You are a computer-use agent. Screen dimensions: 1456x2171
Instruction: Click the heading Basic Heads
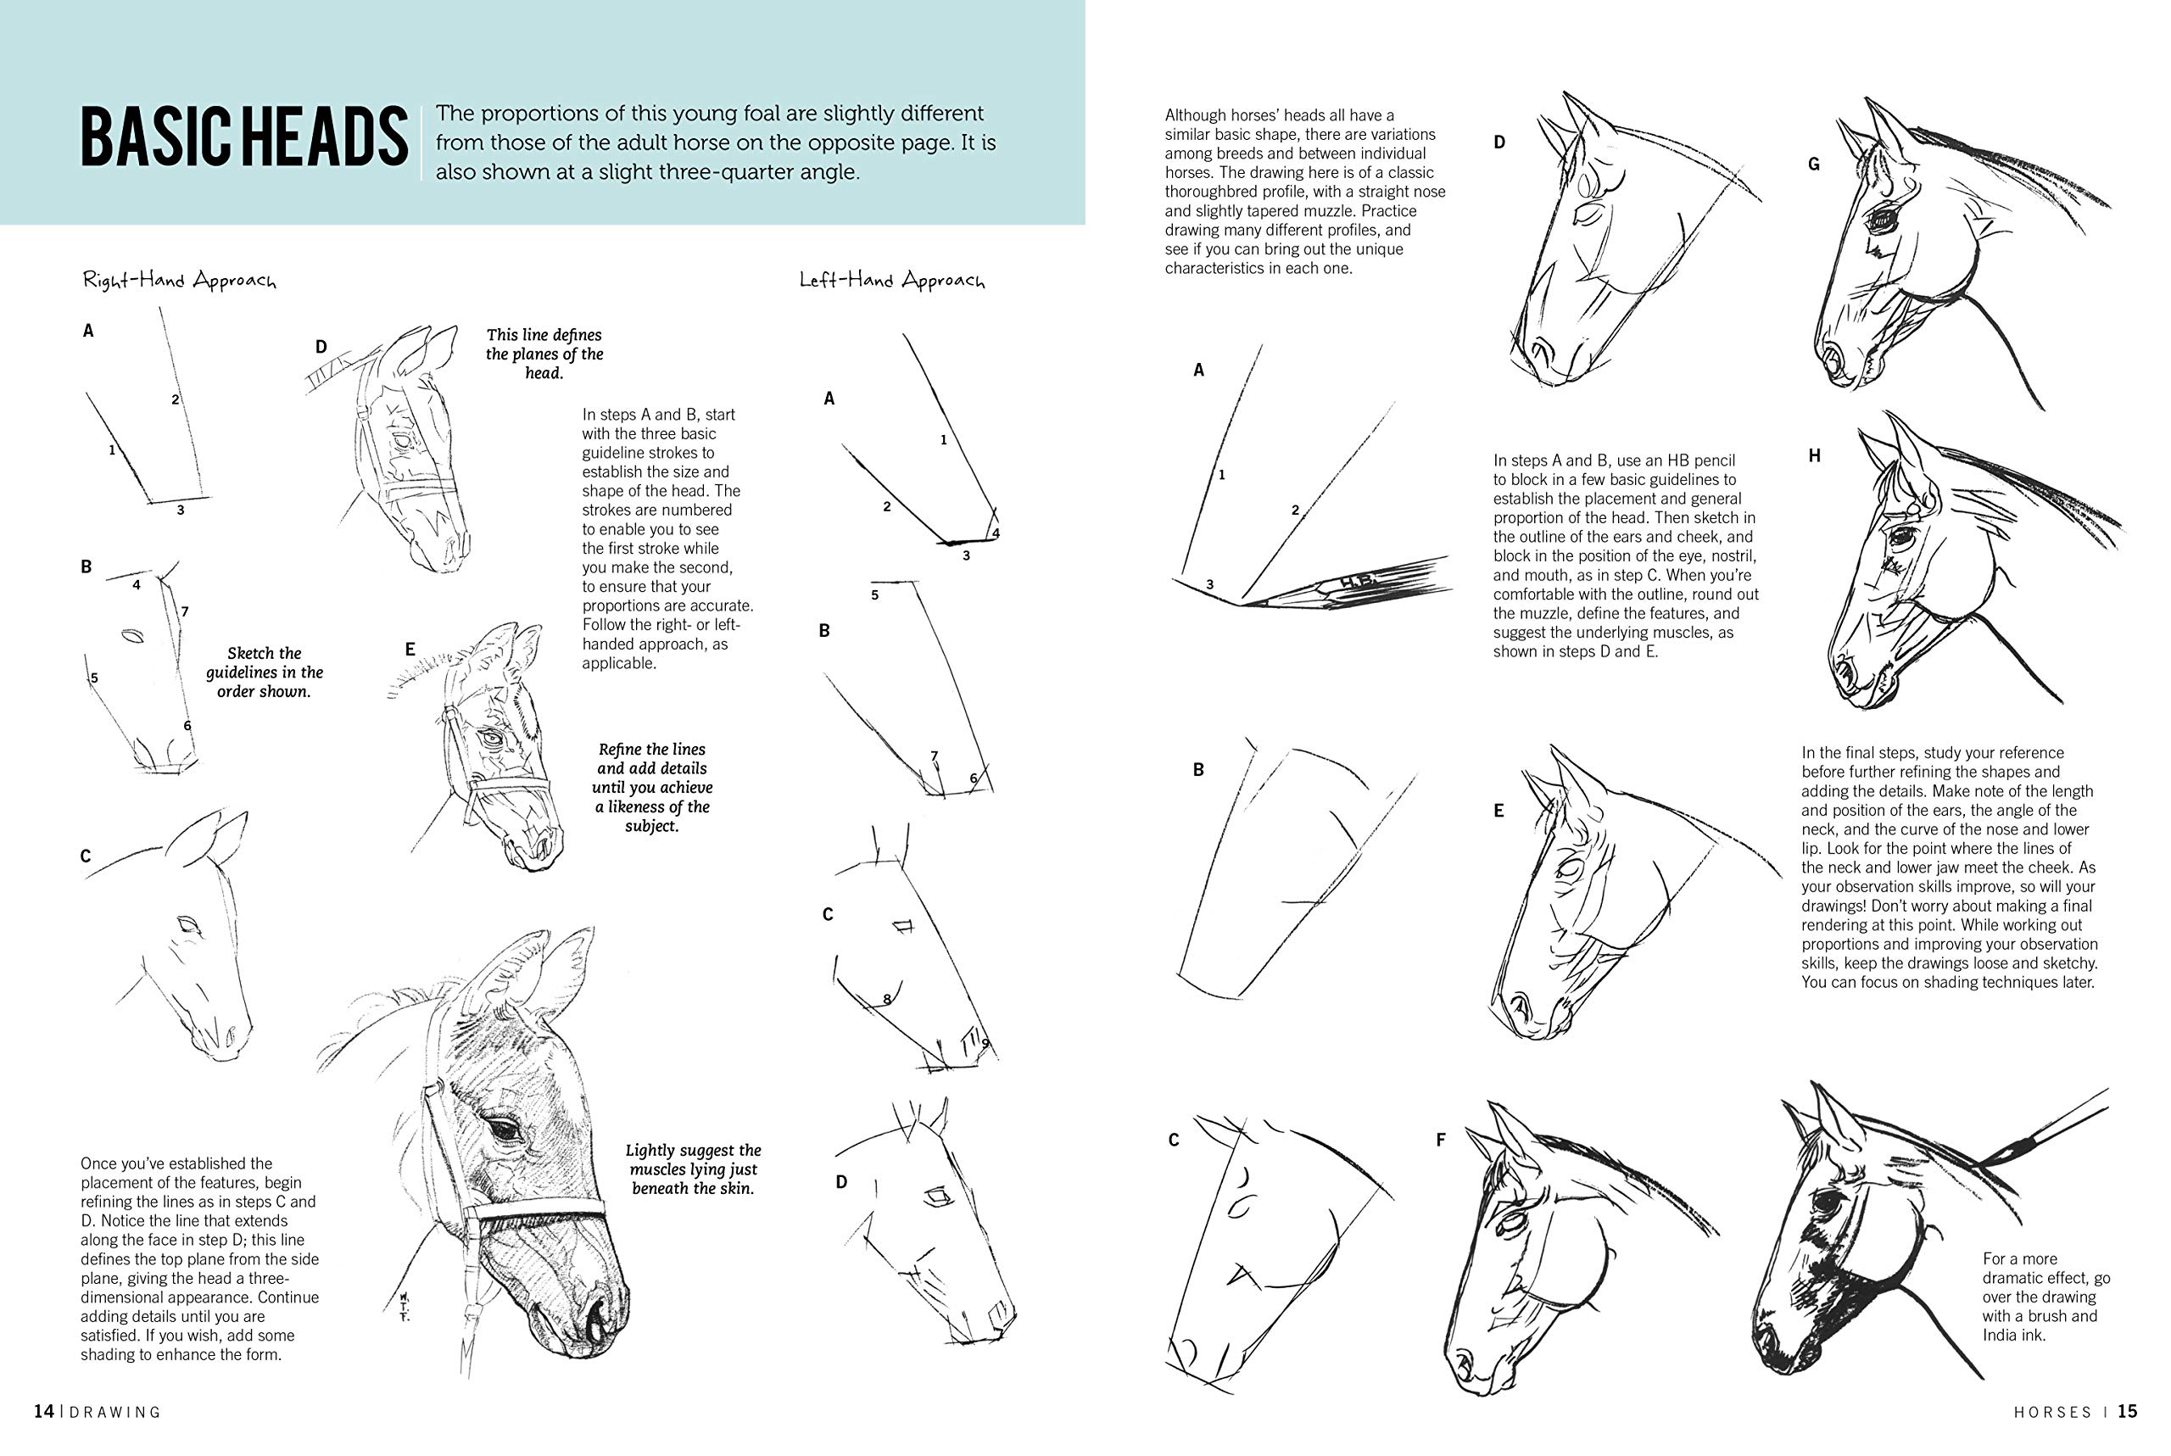coord(243,137)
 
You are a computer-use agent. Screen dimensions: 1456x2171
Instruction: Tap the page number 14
coord(43,1411)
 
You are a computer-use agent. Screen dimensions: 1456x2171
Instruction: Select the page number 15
coord(2126,1411)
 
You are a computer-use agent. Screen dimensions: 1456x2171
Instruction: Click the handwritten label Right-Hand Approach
coord(179,280)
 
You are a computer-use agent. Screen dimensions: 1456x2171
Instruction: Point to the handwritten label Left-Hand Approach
coord(891,280)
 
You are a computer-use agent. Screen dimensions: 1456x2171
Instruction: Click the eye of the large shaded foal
coord(505,1130)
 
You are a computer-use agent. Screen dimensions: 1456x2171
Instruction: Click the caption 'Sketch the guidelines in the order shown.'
coord(265,672)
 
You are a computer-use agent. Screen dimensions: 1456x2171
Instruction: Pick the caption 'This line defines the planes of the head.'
coord(544,354)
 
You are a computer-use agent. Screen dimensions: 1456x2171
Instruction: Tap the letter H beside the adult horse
coord(1815,456)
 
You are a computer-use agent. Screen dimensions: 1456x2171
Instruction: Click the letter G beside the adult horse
coord(1813,165)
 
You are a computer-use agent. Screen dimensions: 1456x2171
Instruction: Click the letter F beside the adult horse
coord(1440,1140)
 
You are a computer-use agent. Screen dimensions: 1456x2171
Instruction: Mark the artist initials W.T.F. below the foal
coord(404,1306)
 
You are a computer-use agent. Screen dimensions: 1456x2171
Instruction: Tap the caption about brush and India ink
coord(2045,1297)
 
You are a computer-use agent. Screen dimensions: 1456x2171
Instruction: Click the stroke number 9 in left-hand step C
coord(985,1043)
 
